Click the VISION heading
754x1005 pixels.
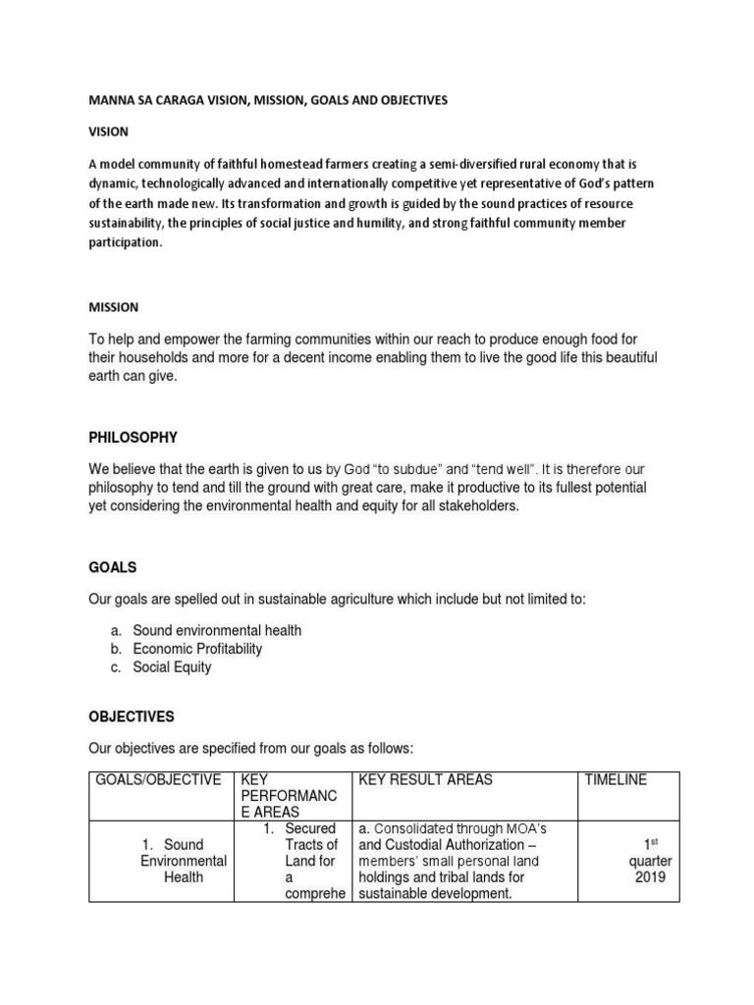tap(108, 132)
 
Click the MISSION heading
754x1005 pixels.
tap(113, 307)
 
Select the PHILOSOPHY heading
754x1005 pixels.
tap(133, 437)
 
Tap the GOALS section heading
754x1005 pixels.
tap(112, 567)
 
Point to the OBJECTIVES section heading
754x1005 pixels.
tap(132, 717)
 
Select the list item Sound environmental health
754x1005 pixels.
tap(217, 630)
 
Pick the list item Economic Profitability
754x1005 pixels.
tap(197, 649)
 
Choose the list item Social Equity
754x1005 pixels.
tap(172, 667)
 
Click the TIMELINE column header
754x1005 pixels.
tap(616, 780)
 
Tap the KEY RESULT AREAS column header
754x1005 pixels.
tap(426, 780)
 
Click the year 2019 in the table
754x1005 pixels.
tap(651, 877)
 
